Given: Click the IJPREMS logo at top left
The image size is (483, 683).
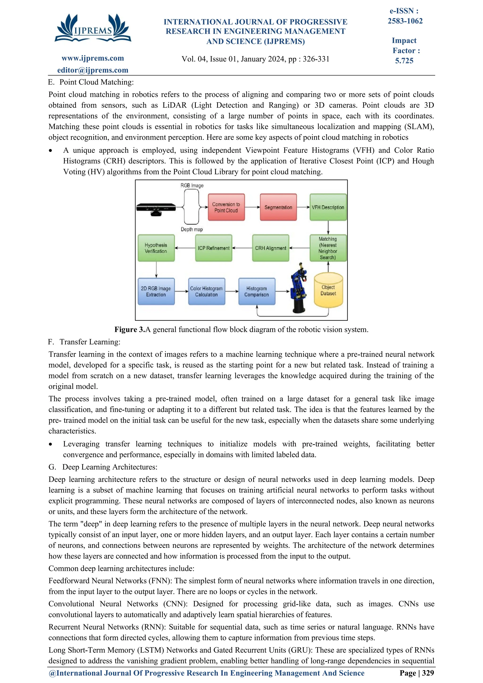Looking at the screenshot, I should coord(92,28).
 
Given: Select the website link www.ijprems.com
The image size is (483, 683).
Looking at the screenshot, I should coord(92,58).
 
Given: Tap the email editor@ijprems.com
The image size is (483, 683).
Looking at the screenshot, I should coord(92,70).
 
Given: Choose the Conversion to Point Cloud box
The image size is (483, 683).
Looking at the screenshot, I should coord(226,207).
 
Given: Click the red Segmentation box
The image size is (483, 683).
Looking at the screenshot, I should coord(278,207).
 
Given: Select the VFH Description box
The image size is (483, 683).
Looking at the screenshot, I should coord(328,207).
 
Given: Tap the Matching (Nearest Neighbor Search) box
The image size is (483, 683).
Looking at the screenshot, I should coord(328,248).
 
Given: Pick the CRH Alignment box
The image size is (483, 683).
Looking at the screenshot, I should coord(270,248).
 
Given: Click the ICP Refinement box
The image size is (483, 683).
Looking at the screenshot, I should coord(213,248).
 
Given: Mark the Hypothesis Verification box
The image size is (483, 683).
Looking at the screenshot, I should coord(156,248).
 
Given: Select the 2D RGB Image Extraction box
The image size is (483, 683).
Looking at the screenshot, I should coord(156,291).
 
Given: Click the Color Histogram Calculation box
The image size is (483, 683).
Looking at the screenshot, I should coord(206,291).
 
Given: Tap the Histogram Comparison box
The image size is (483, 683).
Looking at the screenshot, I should coord(256,291).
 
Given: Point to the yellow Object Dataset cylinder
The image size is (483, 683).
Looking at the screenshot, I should coord(328,290).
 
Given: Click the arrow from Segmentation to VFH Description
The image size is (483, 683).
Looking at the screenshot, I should coord(303,207).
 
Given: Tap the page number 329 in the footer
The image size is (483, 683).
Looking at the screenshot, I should coord(428,673).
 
